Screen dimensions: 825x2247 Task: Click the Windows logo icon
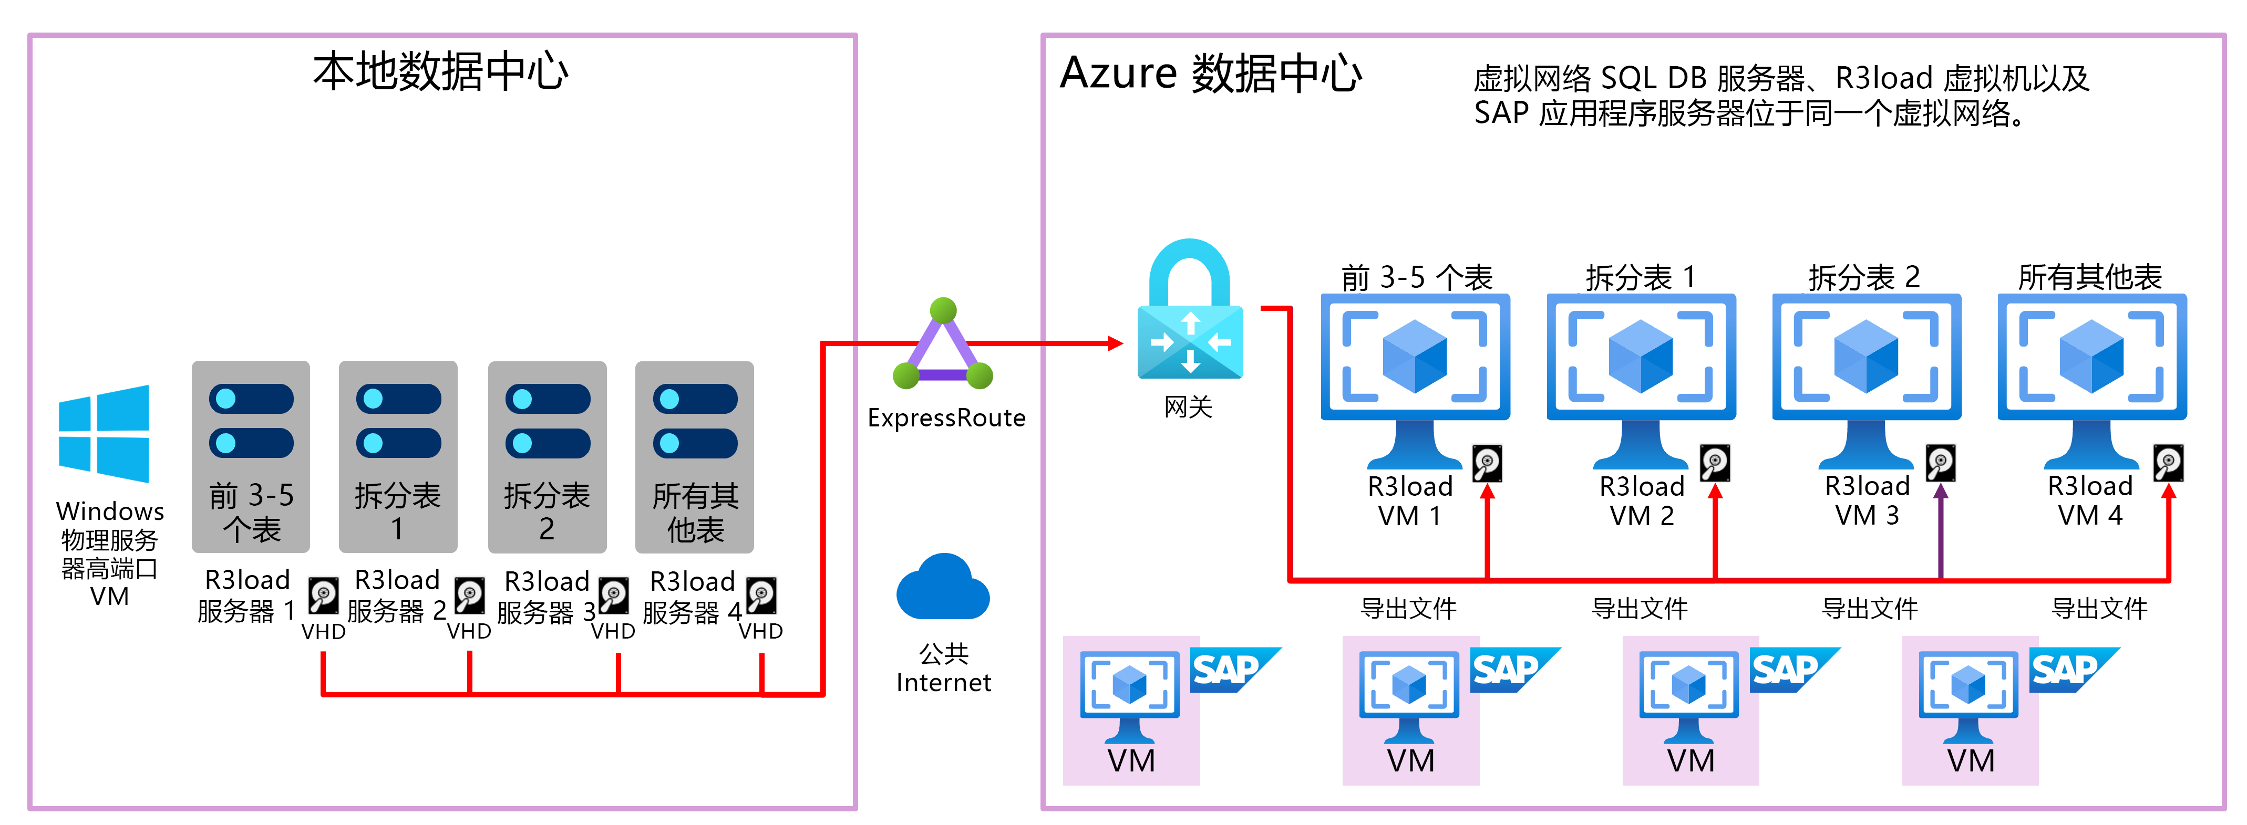(x=104, y=433)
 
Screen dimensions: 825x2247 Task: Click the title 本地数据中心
(x=440, y=71)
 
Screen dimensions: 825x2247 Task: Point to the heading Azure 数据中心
(x=1210, y=73)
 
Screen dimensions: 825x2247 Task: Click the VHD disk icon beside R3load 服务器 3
(x=613, y=596)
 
